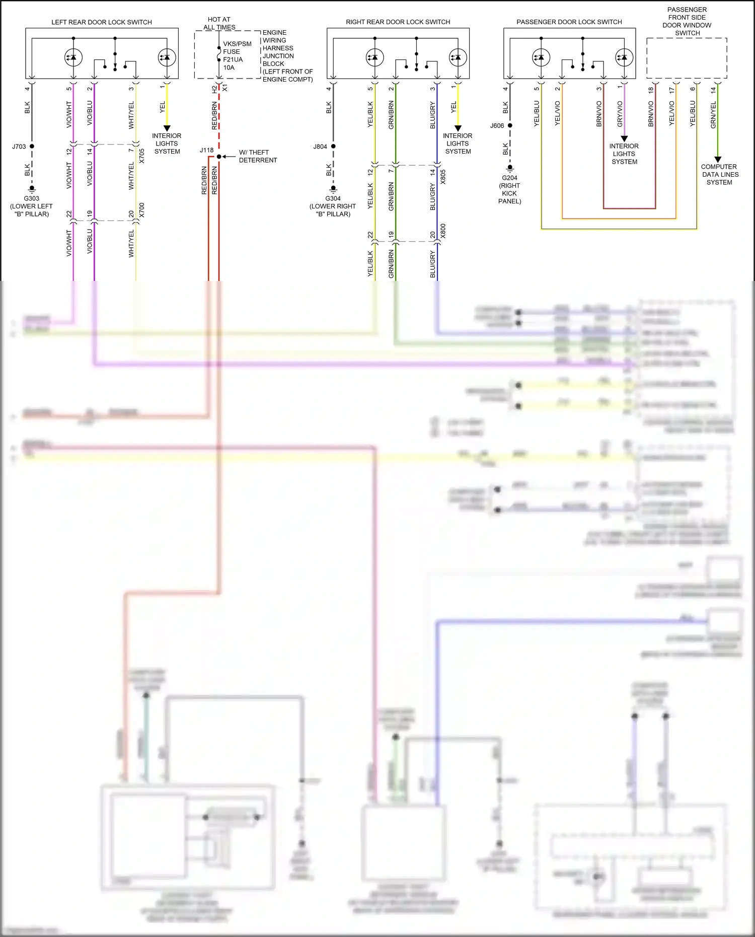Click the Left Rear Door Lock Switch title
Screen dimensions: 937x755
pos(102,22)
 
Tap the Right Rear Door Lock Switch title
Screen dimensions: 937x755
pos(398,22)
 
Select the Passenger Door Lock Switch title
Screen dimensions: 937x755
pos(569,22)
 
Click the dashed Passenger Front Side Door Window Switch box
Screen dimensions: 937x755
pos(687,58)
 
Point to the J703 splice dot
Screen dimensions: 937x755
pos(32,147)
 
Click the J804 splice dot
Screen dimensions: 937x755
pos(333,147)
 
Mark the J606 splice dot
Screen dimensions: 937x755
pos(510,125)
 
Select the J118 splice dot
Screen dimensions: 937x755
pos(219,157)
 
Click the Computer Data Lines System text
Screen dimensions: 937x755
pos(719,174)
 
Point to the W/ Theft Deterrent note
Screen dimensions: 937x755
pos(258,156)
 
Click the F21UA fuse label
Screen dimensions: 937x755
pos(233,59)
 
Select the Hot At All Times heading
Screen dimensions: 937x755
pos(219,23)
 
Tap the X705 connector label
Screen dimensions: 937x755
pos(142,156)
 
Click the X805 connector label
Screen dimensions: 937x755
pos(443,177)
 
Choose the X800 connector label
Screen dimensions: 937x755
pos(443,231)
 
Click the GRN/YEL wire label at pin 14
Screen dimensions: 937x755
pos(713,115)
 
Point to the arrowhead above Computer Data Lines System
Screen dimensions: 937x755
pos(718,160)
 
